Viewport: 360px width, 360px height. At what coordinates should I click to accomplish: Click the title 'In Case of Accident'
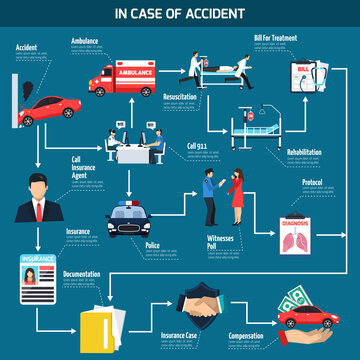coord(180,13)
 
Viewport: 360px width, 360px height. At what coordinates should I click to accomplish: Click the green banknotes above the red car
coord(299,300)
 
